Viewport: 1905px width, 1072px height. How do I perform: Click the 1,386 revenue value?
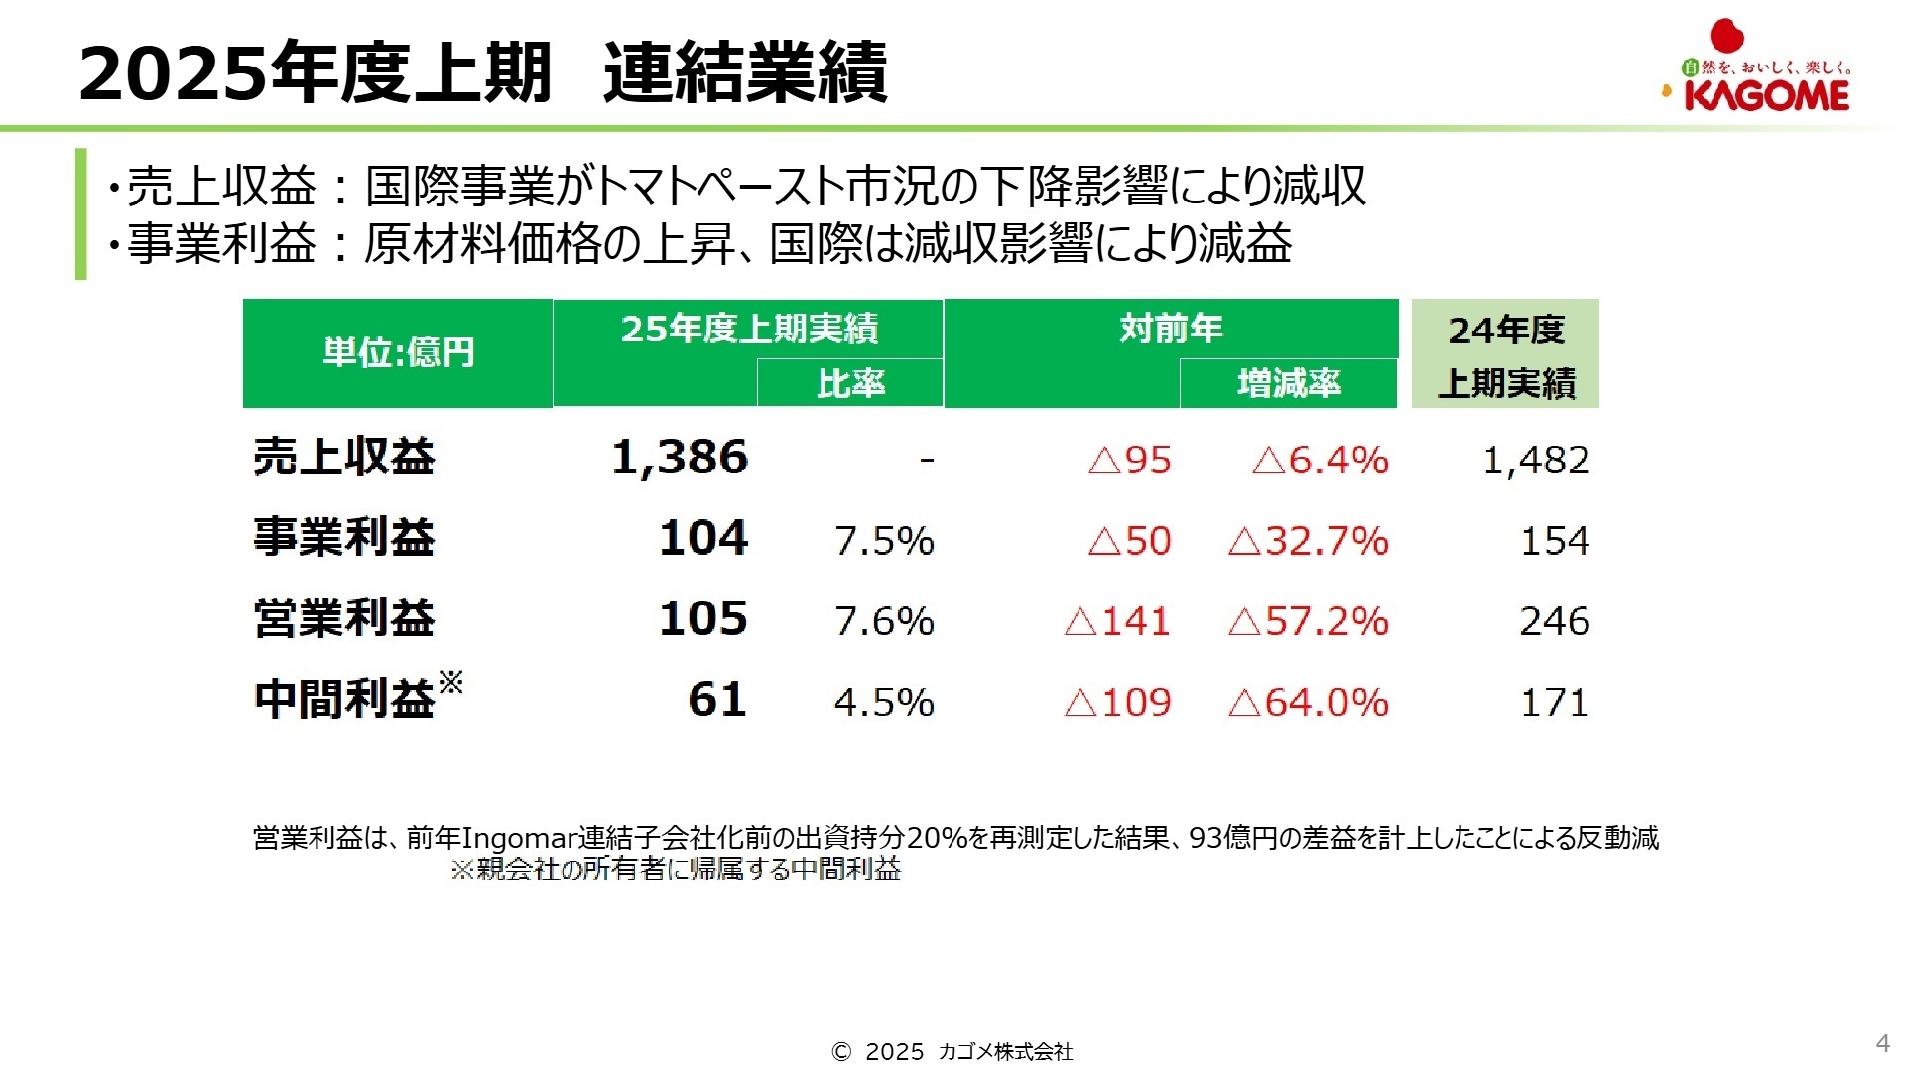680,458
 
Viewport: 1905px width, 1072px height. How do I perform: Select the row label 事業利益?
344,537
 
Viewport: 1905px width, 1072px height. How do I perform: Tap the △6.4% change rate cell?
1320,460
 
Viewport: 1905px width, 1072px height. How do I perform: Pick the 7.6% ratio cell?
884,621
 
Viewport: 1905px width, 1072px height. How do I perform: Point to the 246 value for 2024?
1554,621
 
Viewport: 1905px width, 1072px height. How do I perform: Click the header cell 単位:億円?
398,352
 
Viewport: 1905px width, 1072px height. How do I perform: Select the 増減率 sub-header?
1289,383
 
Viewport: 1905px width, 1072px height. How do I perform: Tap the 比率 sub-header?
850,383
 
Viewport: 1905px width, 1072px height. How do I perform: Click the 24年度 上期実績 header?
1505,354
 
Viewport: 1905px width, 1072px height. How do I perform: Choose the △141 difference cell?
1117,621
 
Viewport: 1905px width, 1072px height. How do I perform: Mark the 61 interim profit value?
716,700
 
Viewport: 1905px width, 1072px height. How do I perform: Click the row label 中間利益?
344,699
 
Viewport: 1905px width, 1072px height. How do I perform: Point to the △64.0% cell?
1308,702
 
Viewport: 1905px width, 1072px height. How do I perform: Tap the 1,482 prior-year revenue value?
1536,460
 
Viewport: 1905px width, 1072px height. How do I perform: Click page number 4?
1882,1043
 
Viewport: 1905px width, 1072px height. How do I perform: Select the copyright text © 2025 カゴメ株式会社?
952,1052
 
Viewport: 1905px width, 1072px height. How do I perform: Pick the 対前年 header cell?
1171,329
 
